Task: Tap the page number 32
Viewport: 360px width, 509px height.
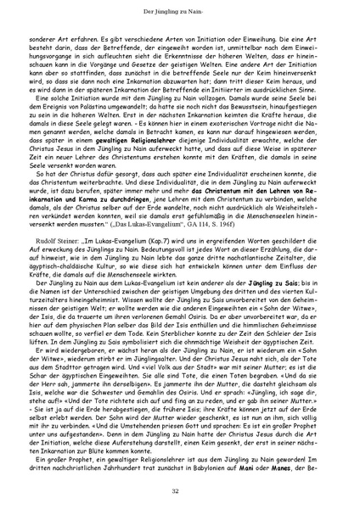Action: point(180,491)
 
